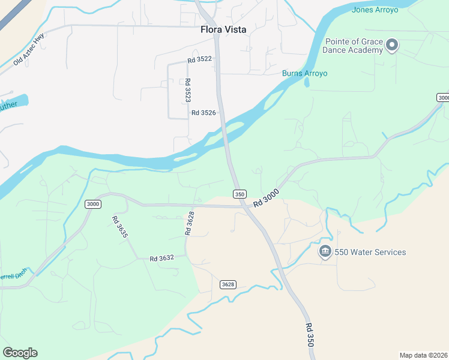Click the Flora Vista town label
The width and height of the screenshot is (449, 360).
tap(223, 29)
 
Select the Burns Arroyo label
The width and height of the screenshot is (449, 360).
tap(305, 73)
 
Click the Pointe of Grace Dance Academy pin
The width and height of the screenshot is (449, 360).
tap(392, 45)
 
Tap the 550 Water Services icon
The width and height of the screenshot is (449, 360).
tap(325, 251)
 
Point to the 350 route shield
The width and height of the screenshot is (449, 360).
tap(240, 194)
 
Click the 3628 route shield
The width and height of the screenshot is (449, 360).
tap(228, 284)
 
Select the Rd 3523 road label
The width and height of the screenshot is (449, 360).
tap(188, 90)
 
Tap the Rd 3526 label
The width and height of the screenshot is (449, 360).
tap(203, 112)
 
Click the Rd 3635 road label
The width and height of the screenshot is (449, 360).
tap(119, 227)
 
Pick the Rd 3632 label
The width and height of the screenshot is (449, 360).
tap(161, 258)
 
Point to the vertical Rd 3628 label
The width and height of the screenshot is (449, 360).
tap(190, 223)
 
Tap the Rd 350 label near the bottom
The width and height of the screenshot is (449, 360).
tap(310, 336)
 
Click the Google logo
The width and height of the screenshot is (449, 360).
tap(20, 353)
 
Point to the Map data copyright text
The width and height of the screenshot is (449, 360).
tap(423, 355)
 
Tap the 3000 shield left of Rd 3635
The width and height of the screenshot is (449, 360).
tap(92, 204)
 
